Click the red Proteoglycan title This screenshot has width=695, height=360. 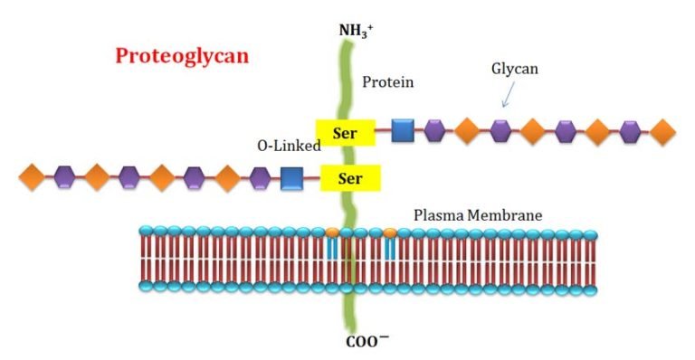tap(182, 56)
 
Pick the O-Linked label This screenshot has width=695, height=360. tap(289, 145)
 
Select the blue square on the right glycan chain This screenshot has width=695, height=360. tap(403, 131)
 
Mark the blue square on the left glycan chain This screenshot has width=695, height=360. tap(291, 177)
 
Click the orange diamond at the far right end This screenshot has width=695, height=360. tap(663, 131)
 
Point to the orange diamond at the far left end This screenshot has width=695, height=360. tap(32, 177)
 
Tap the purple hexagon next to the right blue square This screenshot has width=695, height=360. tap(434, 131)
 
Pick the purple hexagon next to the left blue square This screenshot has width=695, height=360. tap(260, 177)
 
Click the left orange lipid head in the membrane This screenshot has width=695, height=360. tap(332, 232)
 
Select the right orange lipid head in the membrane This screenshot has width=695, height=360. tap(390, 232)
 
